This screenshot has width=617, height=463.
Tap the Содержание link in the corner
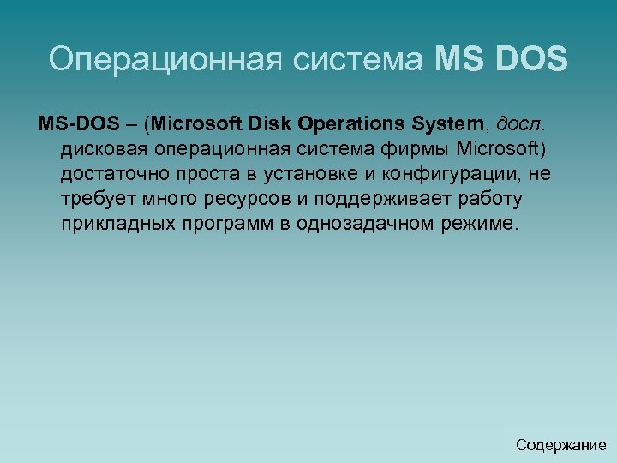pos(561,445)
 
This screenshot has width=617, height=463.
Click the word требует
pos(92,200)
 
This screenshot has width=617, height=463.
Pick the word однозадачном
pos(370,225)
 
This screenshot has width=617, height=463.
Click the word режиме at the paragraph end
pos(484,225)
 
